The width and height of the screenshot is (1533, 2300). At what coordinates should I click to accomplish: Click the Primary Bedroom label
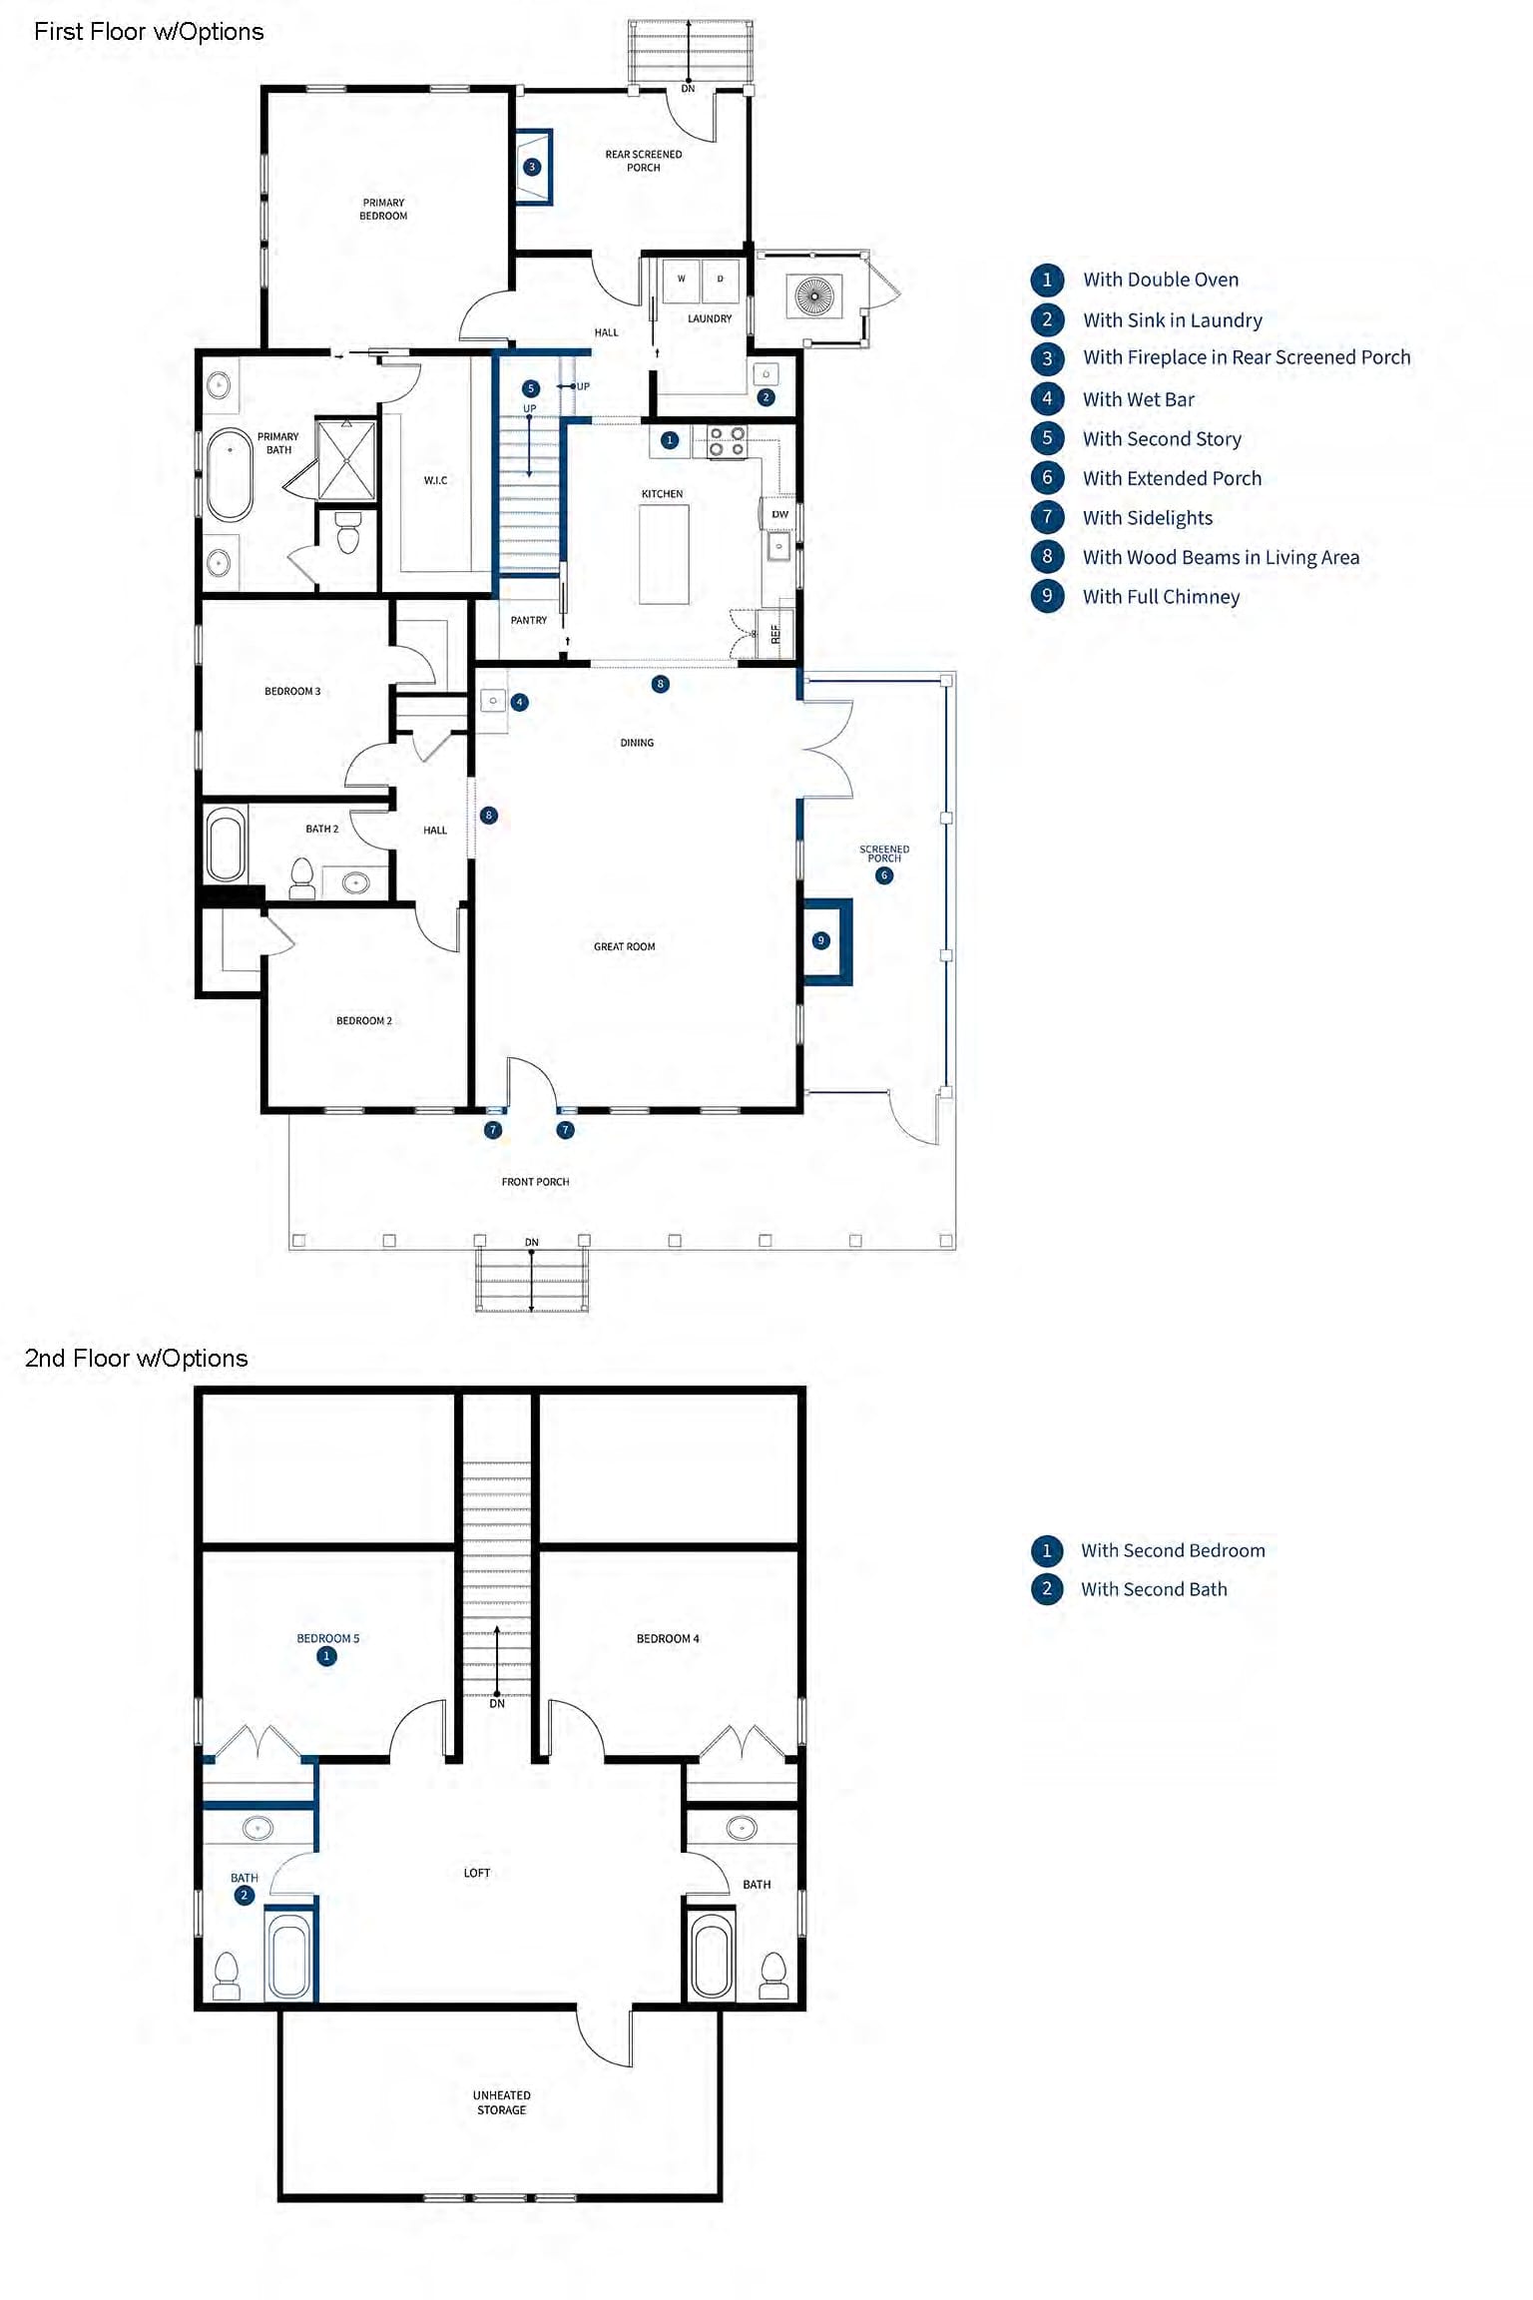383,209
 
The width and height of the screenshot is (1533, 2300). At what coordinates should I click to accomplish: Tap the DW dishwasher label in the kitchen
779,514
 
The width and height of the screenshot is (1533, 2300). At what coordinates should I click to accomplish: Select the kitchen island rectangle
664,554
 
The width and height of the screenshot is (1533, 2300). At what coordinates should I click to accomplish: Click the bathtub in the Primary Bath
230,474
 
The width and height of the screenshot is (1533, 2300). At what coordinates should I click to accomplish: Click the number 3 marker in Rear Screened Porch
532,167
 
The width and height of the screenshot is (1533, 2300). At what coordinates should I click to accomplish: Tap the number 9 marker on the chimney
820,940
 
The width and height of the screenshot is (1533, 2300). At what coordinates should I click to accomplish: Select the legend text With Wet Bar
1138,399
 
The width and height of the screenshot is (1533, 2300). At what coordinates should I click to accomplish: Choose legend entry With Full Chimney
1161,597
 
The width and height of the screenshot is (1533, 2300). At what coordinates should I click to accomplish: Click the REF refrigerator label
774,633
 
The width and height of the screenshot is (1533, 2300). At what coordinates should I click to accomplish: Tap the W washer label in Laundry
682,279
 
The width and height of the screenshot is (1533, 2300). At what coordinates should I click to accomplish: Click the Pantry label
528,620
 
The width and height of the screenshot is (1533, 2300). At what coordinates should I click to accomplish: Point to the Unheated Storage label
501,2102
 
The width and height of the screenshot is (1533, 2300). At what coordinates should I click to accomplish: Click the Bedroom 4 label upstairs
668,1638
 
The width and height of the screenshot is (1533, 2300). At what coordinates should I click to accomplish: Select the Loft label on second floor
476,1873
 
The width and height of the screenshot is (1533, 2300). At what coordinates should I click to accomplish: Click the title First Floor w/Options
149,32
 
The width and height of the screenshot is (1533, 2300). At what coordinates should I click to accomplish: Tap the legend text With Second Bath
1154,1589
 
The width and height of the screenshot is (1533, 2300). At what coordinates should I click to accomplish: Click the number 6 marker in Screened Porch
883,875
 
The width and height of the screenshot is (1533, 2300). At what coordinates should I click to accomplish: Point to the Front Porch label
535,1182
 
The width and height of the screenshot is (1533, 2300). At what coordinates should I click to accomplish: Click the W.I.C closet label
435,480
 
